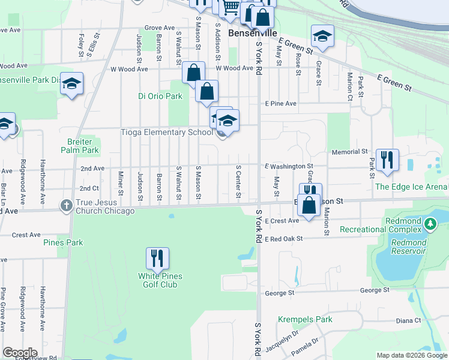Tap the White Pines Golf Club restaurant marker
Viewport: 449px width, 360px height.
[157, 259]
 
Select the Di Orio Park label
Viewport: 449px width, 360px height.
[160, 96]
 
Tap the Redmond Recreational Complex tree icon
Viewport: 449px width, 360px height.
[430, 224]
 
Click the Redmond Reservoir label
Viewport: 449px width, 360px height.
[409, 247]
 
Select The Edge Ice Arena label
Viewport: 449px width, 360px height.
[411, 187]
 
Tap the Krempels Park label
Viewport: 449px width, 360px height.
[305, 320]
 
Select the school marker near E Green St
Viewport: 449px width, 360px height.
[322, 36]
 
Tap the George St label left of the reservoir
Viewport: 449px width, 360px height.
[279, 293]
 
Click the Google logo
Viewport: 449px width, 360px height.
[20, 352]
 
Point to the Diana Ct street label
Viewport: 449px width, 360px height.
[409, 320]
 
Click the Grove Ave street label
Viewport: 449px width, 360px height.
[159, 28]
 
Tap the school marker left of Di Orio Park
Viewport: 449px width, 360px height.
[71, 84]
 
